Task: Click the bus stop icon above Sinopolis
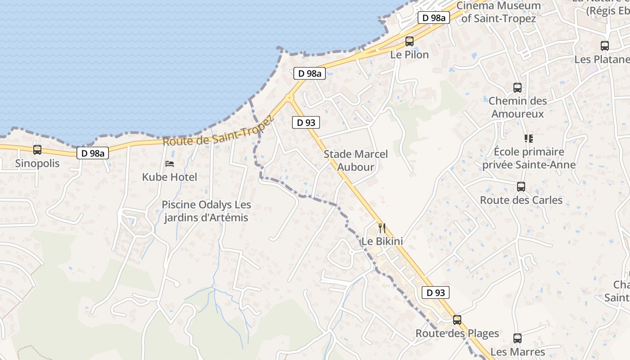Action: tap(37, 149)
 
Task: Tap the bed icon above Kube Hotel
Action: tap(170, 163)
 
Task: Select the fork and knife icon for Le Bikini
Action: tap(382, 228)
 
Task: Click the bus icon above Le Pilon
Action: tap(409, 41)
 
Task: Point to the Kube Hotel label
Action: tap(170, 177)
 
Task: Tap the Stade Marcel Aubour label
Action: tap(355, 161)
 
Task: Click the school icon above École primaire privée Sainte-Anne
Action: tap(528, 138)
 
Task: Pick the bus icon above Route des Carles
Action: tap(521, 186)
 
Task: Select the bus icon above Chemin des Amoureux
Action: tap(517, 88)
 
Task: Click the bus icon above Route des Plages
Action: tap(457, 320)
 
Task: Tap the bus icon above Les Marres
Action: tap(517, 338)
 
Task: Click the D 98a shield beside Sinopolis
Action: tap(93, 153)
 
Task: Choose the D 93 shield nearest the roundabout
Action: tap(306, 122)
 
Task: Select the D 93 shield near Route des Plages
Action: tap(436, 292)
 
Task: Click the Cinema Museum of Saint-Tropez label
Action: tap(499, 12)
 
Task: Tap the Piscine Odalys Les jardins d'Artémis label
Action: tap(206, 211)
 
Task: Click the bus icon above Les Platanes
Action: tap(605, 45)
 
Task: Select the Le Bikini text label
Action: tap(382, 242)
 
